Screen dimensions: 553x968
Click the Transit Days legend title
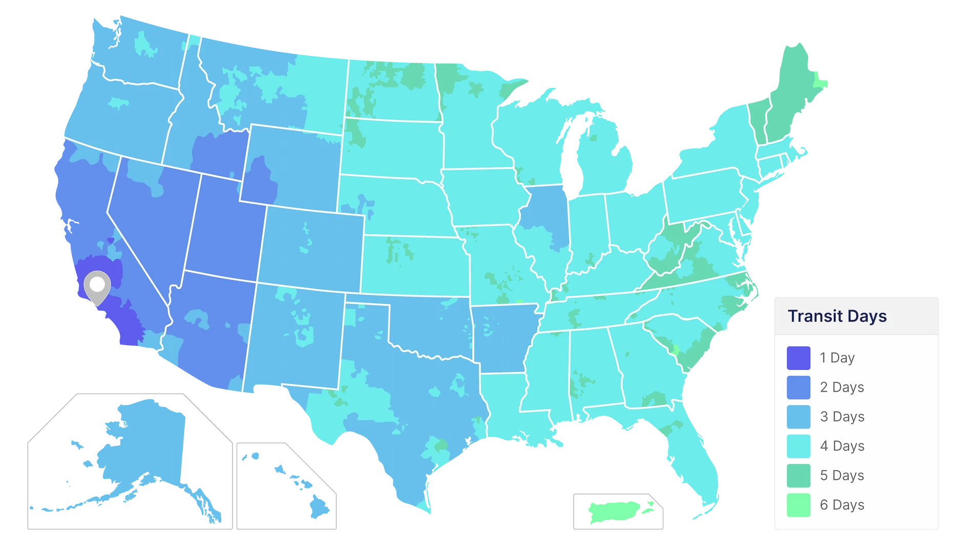837,316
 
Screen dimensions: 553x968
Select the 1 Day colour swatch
798,358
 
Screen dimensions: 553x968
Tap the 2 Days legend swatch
798,387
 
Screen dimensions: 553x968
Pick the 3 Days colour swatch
798,417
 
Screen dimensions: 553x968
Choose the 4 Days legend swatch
798,446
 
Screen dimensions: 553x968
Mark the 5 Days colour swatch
798,475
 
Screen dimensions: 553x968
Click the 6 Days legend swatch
798,505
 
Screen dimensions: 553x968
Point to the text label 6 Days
842,505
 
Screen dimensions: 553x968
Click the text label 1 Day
837,358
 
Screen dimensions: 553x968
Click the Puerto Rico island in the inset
620,511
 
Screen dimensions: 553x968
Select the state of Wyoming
292,164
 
